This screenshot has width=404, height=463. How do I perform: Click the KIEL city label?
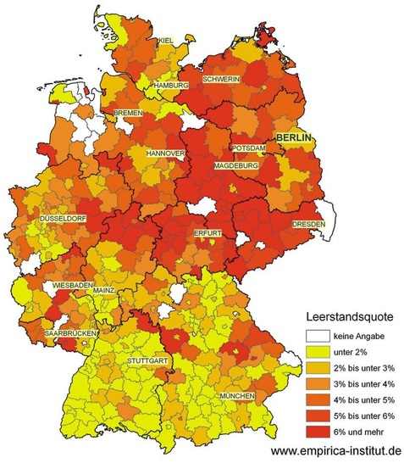(166, 42)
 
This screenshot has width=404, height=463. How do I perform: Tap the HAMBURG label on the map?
(170, 86)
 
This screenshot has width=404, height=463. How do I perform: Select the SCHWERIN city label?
(221, 79)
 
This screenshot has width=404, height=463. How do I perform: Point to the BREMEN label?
(130, 113)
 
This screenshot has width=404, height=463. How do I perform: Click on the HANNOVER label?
(165, 153)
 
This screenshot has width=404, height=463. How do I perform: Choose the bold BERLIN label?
(292, 137)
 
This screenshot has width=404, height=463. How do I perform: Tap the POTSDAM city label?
(249, 148)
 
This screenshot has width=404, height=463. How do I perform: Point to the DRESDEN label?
(308, 224)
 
